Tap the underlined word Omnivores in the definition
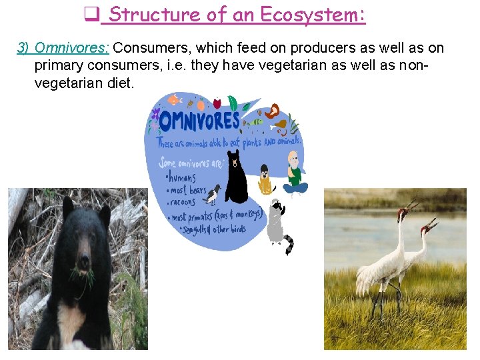72,48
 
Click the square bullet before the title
91,13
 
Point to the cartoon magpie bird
213,194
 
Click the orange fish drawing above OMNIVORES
173,100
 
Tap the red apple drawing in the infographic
217,103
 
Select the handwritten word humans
183,178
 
